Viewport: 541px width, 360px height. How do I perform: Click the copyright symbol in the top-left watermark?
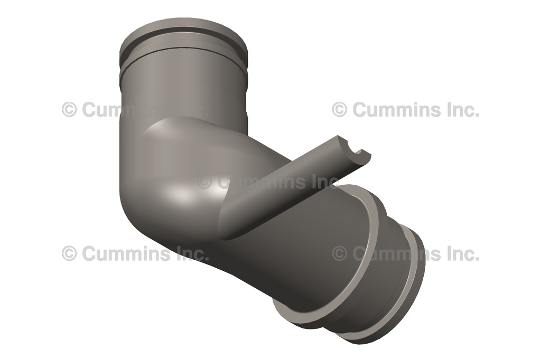(69, 110)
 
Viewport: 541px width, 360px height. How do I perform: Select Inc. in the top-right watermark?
(461, 110)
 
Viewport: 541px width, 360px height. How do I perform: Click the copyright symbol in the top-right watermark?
(340, 110)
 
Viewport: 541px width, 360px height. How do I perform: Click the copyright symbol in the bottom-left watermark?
(69, 254)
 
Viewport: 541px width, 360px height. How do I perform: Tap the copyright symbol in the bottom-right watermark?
(340, 254)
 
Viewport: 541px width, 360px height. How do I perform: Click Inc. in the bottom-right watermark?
(461, 254)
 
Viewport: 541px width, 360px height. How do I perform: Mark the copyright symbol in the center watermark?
(204, 182)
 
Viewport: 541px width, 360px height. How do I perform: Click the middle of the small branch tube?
(296, 179)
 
